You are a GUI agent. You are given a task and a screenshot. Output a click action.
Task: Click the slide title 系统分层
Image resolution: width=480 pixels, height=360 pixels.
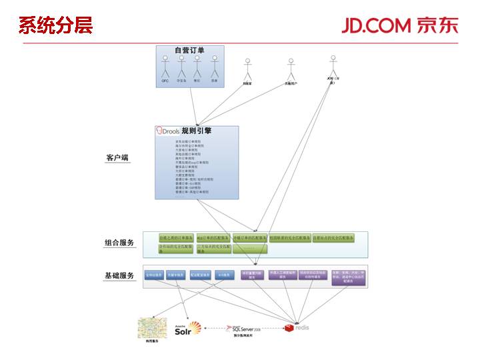(55, 25)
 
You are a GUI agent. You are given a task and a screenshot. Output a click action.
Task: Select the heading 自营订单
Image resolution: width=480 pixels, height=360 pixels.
(190, 50)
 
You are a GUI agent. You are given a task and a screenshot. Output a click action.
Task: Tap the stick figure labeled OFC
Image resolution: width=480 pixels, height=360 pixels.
(165, 68)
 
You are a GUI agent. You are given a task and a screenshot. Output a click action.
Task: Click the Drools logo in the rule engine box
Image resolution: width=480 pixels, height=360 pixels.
(167, 131)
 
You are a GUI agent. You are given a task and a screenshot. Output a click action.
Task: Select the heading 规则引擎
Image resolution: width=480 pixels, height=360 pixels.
(197, 131)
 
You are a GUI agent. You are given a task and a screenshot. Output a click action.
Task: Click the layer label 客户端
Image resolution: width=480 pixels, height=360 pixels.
(117, 158)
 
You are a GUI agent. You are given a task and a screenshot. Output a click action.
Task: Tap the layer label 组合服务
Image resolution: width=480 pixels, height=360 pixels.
(119, 242)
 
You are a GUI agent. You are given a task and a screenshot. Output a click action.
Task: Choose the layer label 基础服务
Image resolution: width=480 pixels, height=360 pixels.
(119, 275)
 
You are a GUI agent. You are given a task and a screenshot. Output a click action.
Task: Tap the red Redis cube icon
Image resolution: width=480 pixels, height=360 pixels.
(289, 327)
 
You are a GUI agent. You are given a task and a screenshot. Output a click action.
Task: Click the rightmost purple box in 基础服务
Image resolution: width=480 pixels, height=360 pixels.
(349, 277)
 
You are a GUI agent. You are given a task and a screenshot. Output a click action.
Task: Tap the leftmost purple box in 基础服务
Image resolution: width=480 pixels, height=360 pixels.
(252, 276)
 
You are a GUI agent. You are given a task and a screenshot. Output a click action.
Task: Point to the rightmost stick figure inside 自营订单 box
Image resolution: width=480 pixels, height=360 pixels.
(215, 67)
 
